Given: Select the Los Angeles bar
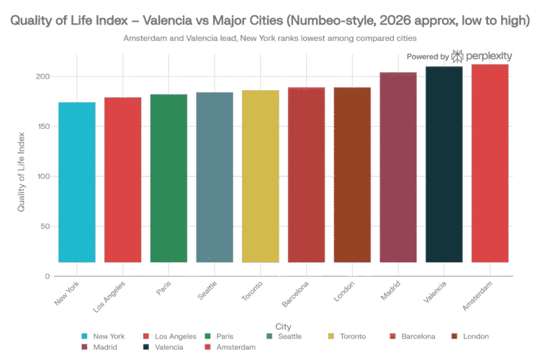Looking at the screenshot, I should pos(123,179).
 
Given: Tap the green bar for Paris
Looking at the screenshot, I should pos(168,178).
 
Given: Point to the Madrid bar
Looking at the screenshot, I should pos(398,167).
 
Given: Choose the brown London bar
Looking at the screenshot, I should pos(353,174).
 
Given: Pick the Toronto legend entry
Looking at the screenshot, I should pos(349,336).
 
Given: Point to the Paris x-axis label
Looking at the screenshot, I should pos(164,291).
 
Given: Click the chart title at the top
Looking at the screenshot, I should pos(270,21).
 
